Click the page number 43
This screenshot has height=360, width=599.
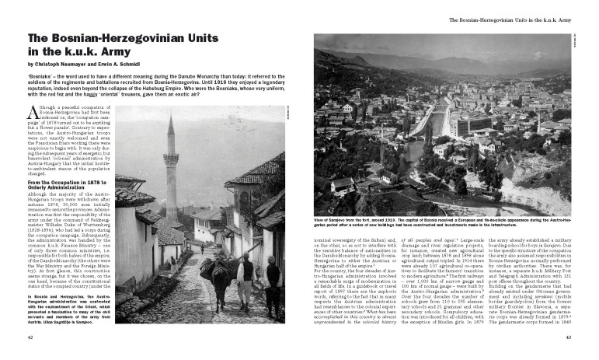pos(568,337)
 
